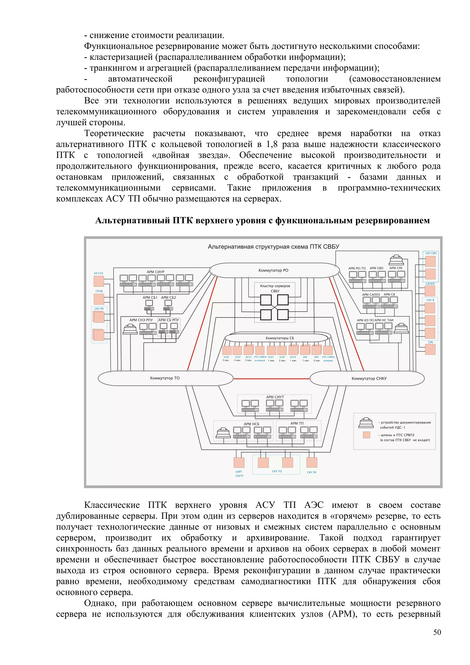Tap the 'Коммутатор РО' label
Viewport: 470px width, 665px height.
273,270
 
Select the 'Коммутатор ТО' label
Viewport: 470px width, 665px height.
165,378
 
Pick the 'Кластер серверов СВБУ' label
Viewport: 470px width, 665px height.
275,288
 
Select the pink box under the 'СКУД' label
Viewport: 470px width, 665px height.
99,299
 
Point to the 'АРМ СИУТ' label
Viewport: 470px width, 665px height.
275,397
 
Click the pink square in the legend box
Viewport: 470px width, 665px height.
366,435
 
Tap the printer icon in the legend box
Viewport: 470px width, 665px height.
366,423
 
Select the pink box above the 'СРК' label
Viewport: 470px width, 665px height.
430,349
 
